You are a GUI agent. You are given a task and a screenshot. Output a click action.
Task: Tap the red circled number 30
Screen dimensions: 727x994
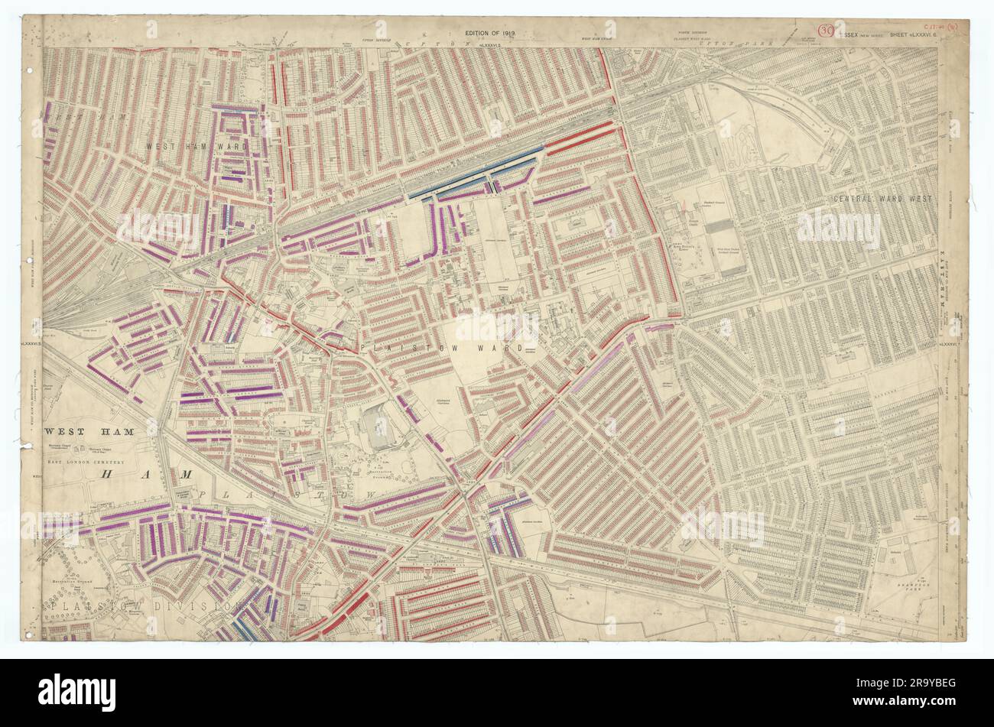point(825,31)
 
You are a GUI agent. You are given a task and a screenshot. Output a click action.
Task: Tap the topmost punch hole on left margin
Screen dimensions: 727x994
point(30,71)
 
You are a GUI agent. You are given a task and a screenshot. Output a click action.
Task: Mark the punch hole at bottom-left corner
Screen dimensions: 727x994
point(31,634)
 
